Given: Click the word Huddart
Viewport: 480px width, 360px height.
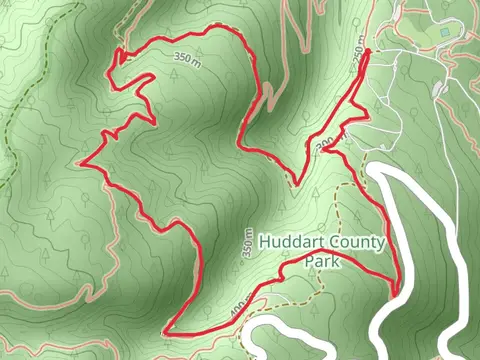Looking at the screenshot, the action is coord(289,242).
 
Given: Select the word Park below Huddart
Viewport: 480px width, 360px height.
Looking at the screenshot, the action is coord(322,262).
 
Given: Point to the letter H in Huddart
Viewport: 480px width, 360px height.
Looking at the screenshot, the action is coord(263,242).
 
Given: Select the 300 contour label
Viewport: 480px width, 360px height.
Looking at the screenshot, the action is coord(323,147).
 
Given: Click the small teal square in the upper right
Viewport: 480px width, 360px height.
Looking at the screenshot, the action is coord(445,33).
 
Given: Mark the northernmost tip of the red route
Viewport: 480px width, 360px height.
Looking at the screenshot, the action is coord(367,50).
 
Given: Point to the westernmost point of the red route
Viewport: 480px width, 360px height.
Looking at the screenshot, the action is coord(81,161).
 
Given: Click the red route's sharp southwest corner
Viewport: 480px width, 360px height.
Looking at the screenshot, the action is coord(164,331).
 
